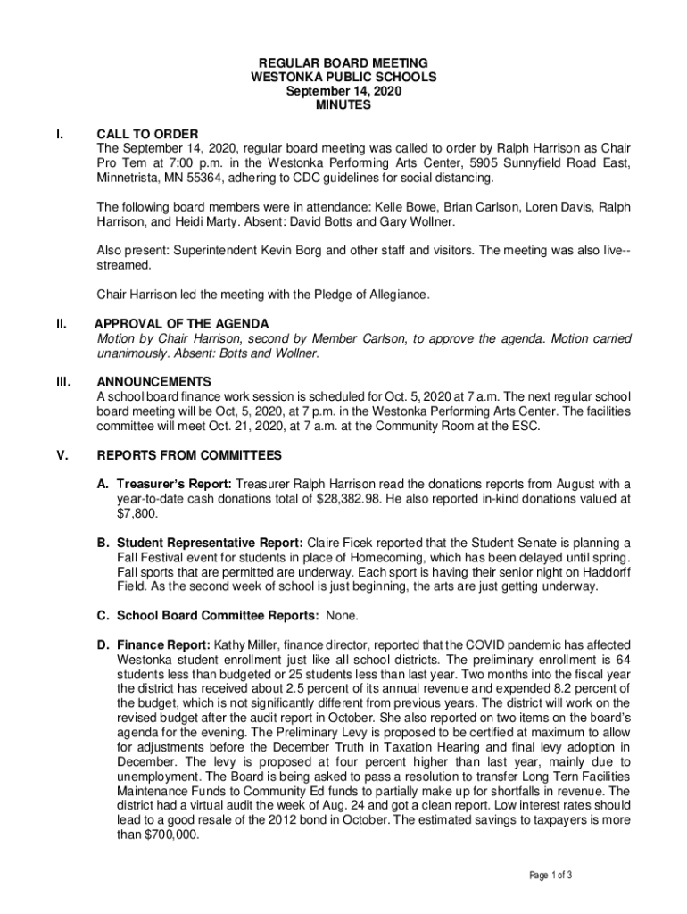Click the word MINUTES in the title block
click(343, 105)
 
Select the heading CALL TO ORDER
click(147, 134)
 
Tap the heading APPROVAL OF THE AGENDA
click(182, 323)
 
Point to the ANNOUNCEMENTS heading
click(154, 381)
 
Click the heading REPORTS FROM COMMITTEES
click(189, 456)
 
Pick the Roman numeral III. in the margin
click(62, 381)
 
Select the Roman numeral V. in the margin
click(62, 456)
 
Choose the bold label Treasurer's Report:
click(164, 484)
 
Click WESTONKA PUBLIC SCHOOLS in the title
click(343, 78)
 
